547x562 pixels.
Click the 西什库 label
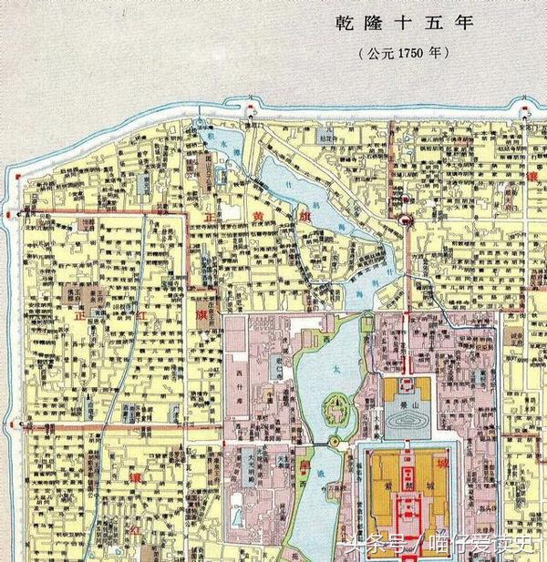coord(241,373)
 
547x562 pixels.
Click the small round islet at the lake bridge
coord(334,443)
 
